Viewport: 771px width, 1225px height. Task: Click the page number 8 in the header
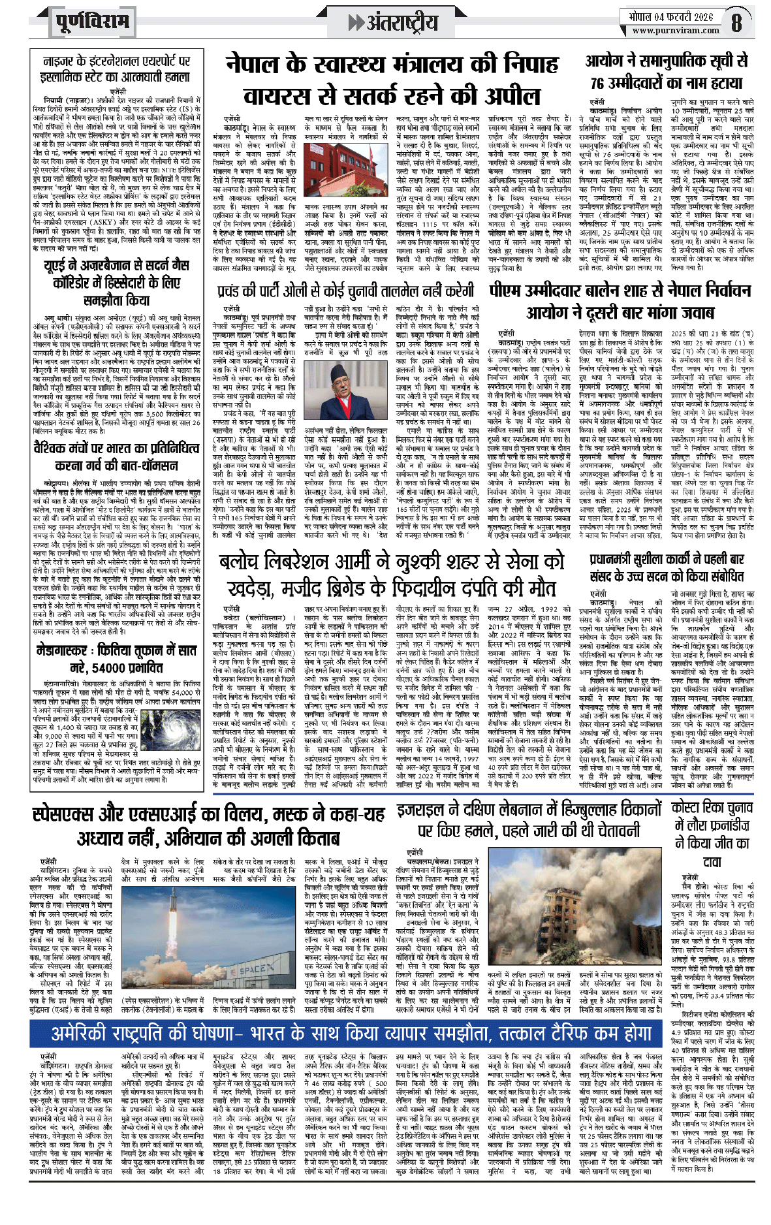click(x=736, y=23)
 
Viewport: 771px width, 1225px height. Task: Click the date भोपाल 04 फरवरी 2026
click(x=666, y=17)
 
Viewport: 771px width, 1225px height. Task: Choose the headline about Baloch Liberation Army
click(x=391, y=575)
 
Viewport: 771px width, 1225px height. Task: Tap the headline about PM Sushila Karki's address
click(x=666, y=567)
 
